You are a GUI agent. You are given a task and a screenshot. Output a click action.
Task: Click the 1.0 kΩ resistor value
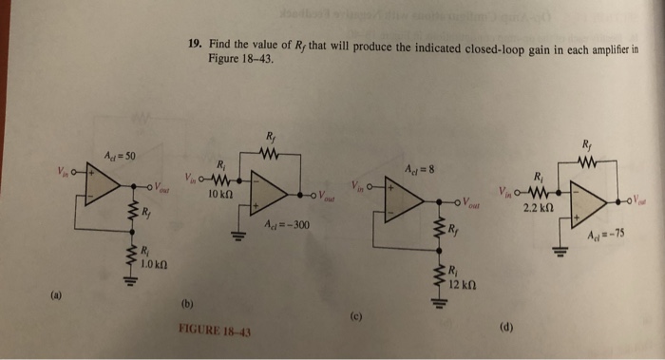coord(154,263)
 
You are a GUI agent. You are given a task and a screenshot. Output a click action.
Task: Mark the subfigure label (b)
coord(185,305)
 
